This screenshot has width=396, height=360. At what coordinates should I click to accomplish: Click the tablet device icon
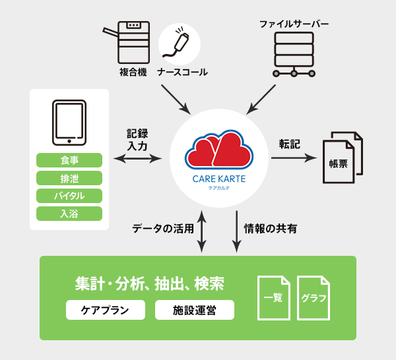(x=69, y=123)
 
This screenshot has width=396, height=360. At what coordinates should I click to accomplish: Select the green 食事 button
(x=69, y=160)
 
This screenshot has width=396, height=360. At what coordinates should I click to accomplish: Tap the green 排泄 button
(x=69, y=178)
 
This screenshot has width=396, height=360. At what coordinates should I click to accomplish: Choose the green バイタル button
(x=69, y=196)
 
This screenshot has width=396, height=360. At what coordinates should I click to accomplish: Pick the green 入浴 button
(x=69, y=214)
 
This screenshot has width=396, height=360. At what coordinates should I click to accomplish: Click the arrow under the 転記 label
(x=294, y=158)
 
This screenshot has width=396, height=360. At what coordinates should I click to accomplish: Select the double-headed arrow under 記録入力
(x=138, y=158)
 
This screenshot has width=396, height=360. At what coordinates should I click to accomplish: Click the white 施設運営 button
(x=195, y=310)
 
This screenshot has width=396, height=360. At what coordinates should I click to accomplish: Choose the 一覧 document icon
(x=273, y=297)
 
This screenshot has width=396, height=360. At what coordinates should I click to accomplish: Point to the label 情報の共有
(x=271, y=229)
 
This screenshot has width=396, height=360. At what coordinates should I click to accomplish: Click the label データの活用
(x=163, y=229)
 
